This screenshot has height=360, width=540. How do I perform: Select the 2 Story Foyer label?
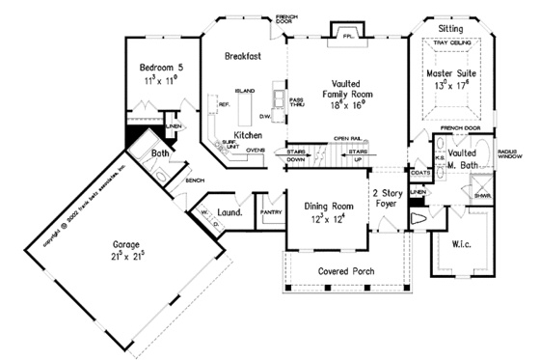[x=391, y=199]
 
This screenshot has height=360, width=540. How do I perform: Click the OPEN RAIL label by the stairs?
[x=347, y=139]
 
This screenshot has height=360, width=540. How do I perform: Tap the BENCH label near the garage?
[x=194, y=180]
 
